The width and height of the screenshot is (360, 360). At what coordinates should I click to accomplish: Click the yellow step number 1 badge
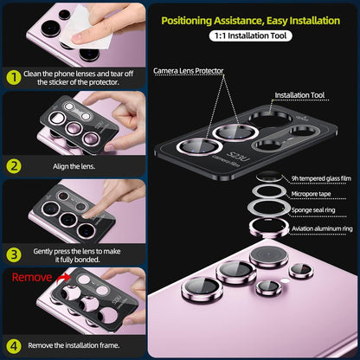[13, 78]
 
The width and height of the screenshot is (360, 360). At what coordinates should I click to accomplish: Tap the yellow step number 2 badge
[14, 166]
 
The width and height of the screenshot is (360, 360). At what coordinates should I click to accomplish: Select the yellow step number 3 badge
[14, 255]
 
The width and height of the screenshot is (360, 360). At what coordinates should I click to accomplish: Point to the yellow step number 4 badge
[14, 346]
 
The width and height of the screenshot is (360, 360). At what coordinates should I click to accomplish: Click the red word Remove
[32, 278]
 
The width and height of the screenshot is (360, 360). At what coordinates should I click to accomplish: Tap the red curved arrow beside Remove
[63, 278]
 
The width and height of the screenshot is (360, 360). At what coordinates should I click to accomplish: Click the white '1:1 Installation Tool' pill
[250, 35]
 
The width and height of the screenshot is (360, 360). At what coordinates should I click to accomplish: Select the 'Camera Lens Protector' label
[189, 71]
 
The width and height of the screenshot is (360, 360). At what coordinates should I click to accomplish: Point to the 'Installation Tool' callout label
[299, 95]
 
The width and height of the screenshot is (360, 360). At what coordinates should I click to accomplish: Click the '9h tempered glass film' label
[321, 178]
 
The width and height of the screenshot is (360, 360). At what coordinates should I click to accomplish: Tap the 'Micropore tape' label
[311, 194]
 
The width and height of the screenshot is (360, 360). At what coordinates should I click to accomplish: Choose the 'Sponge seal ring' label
[313, 210]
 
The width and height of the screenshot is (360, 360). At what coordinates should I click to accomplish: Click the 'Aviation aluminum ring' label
[322, 228]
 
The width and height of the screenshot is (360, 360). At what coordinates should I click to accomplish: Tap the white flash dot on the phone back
[285, 280]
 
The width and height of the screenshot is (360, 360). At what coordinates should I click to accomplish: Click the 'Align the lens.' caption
[74, 166]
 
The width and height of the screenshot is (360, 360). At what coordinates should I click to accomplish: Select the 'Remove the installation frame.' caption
[74, 345]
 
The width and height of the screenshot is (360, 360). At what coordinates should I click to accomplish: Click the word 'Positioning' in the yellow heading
[187, 21]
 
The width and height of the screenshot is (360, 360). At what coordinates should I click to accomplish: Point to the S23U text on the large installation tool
[239, 155]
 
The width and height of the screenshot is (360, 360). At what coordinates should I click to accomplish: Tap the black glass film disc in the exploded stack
[269, 176]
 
